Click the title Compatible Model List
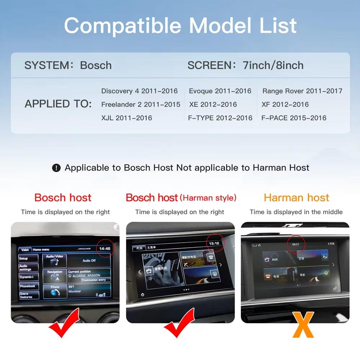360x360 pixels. click(180, 26)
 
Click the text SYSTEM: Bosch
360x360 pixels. click(68, 65)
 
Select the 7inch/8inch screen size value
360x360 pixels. click(273, 65)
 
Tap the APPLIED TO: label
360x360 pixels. click(58, 104)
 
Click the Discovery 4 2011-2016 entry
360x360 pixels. click(139, 91)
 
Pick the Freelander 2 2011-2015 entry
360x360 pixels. click(141, 104)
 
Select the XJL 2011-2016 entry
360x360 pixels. click(127, 118)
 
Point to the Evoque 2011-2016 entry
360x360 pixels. click(220, 91)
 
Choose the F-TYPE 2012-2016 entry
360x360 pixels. click(220, 118)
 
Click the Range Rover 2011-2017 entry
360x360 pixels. click(302, 91)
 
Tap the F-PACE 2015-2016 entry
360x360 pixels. click(294, 118)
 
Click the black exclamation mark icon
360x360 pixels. click(56, 168)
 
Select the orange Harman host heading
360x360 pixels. click(296, 197)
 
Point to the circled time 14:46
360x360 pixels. click(105, 248)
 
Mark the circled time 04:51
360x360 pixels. click(296, 244)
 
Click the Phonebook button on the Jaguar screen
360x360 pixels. click(28, 286)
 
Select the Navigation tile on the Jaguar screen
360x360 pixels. click(55, 274)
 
